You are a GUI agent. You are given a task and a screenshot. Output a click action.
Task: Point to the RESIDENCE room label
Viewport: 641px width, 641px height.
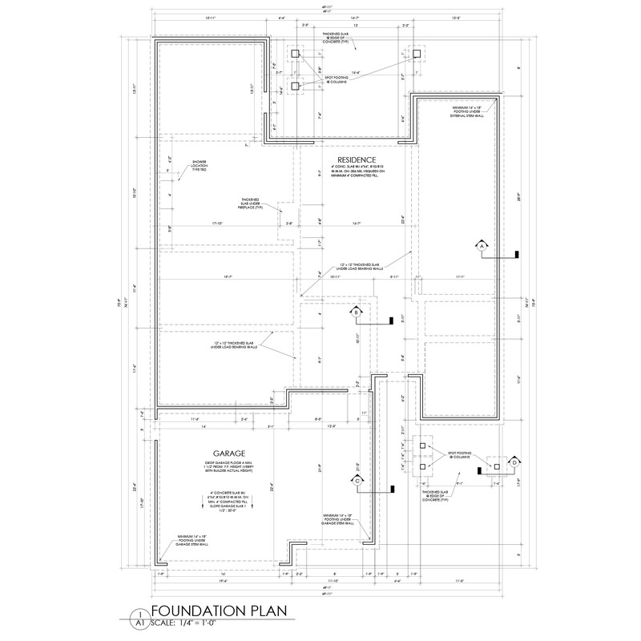coord(353,159)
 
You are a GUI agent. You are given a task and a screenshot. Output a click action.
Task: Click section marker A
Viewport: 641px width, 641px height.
coord(482,247)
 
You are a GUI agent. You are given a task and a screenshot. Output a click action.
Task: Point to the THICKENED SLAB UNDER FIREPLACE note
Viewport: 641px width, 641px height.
coord(251,206)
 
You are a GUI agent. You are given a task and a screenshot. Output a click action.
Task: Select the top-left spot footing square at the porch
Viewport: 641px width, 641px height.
coord(295,53)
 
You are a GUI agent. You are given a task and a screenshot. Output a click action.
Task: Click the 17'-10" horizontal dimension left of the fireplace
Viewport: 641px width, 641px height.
coord(216,224)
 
